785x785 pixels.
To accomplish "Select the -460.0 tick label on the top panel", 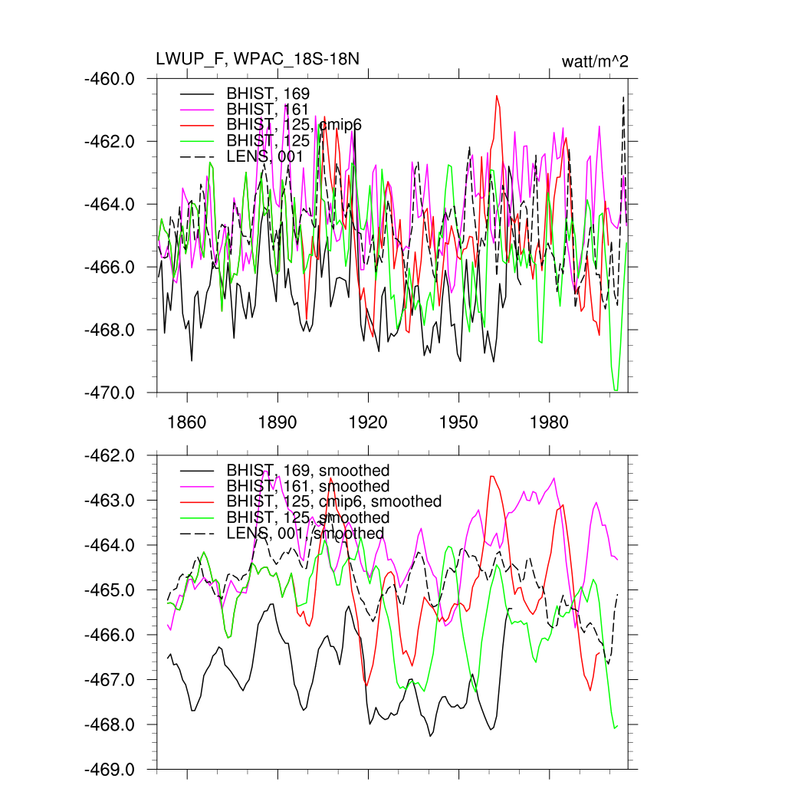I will tap(114, 78).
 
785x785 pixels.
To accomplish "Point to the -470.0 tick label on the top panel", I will tap(114, 392).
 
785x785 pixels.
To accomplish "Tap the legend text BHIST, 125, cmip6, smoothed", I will tap(334, 501).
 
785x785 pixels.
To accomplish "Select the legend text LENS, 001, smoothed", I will tap(305, 533).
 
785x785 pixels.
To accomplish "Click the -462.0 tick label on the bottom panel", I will tap(114, 455).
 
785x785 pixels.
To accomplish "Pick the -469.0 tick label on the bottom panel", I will tap(114, 769).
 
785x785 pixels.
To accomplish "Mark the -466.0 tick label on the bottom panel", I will tap(114, 635).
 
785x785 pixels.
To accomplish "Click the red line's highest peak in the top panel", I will tap(497, 96).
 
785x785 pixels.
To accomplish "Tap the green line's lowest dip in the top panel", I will tap(616, 390).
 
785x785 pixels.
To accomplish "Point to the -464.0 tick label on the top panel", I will tap(114, 204).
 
